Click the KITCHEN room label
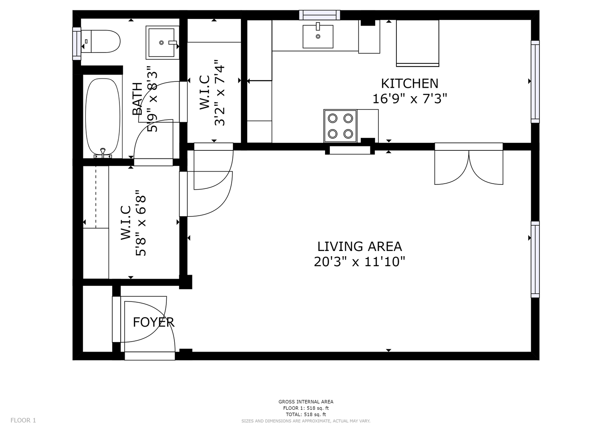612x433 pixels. pos(410,84)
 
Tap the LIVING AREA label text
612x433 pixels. pos(360,247)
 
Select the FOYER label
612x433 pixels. pos(154,322)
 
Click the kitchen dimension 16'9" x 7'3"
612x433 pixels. pos(410,99)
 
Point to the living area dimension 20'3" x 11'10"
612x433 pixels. pos(359,261)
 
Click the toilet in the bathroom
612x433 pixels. pos(101,41)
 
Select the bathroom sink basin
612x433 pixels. pos(162,42)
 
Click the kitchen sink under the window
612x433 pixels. pos(318,36)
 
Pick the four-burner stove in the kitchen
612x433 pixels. pos(340,126)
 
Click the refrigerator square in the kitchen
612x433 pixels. pos(418,43)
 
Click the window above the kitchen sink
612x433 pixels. pos(320,15)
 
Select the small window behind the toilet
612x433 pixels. pos(77,43)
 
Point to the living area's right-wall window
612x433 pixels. pos(535,259)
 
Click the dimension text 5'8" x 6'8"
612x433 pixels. pos(141,223)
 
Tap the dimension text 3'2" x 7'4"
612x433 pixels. pos(220,93)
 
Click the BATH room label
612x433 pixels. pos(137,99)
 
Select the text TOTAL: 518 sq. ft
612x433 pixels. pos(306,415)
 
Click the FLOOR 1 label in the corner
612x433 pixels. pos(23,421)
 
